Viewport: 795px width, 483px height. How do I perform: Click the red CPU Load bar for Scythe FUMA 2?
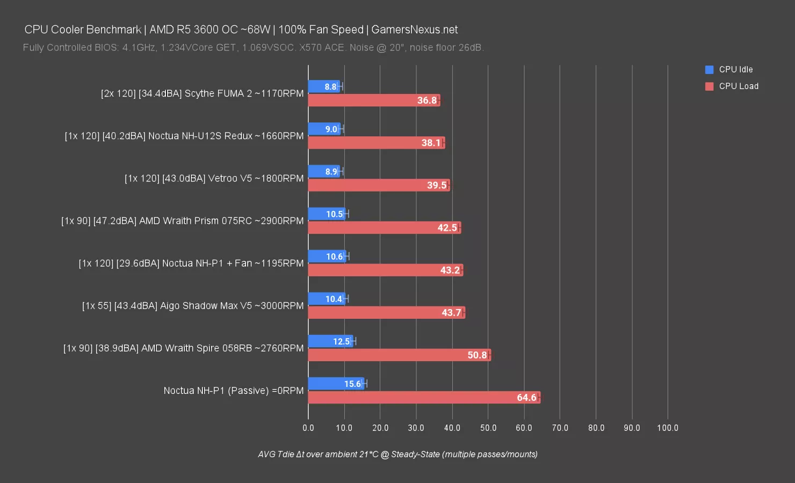374,100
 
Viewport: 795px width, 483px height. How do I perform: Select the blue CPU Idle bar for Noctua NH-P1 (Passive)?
336,384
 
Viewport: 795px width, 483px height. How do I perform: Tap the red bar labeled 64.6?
424,398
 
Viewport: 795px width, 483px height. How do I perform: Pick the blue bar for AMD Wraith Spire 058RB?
330,341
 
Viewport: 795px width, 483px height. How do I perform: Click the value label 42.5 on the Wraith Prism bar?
447,228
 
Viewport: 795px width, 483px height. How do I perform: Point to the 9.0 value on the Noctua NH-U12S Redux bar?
331,129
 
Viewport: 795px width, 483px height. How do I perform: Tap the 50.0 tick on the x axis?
488,428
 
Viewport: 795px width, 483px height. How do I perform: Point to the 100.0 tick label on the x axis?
668,428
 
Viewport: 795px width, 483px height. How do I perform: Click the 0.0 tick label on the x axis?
308,428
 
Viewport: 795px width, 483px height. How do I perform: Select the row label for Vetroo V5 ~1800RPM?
214,178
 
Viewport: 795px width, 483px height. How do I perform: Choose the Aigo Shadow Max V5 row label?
193,306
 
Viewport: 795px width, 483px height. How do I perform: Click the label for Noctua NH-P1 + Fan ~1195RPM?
191,264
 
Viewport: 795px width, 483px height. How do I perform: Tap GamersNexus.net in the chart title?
415,30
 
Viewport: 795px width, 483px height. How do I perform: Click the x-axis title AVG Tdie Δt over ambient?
397,455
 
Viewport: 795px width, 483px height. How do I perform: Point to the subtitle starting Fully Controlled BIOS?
253,48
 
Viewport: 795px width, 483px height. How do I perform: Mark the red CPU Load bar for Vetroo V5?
379,185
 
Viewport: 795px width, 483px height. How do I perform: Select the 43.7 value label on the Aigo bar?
451,313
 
